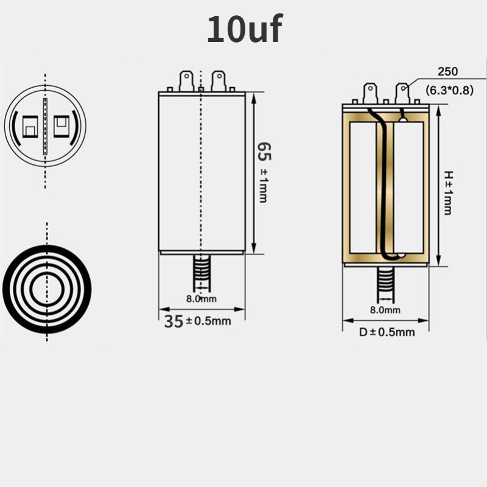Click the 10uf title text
coord(245,29)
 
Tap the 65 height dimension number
coord(264,152)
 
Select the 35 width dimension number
coord(173,321)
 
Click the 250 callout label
coord(447,71)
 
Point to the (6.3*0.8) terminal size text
coord(449,90)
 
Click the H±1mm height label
coord(448,193)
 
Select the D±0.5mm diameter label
coord(387,332)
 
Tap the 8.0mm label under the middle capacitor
coord(201,299)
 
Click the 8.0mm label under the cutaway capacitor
coord(385,310)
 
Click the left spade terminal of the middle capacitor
coord(186,81)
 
